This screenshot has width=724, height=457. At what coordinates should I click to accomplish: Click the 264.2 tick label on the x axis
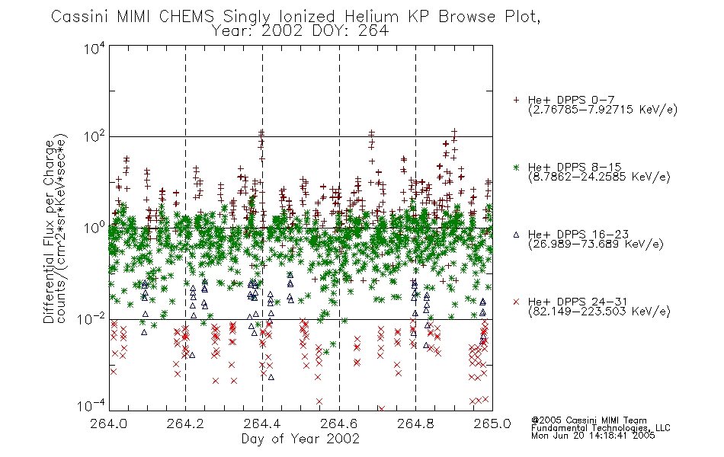coord(185,423)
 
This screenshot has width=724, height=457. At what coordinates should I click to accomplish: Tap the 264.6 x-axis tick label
coord(339,423)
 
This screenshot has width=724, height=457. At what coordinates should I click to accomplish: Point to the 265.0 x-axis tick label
coord(492,423)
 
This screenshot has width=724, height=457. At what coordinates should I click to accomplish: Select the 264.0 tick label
coord(108,423)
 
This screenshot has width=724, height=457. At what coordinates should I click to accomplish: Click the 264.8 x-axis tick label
coord(415,423)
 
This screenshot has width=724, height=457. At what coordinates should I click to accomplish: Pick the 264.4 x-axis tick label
coord(262,423)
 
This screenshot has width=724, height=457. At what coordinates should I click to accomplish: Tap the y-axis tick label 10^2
coord(95,136)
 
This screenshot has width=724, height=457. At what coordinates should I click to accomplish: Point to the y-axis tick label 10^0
coord(95,228)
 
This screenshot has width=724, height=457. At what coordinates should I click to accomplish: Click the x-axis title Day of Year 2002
coord(300,439)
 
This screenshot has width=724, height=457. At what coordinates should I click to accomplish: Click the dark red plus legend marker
coord(516,100)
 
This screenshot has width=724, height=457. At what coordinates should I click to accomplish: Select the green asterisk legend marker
coord(516,168)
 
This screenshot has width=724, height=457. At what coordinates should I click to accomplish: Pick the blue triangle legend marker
coord(516,235)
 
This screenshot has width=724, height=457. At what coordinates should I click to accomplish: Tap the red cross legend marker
coord(516,302)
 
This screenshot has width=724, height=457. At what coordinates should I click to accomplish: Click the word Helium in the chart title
coord(371,17)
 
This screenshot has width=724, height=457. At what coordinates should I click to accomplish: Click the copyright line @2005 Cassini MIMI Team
coord(588,420)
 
